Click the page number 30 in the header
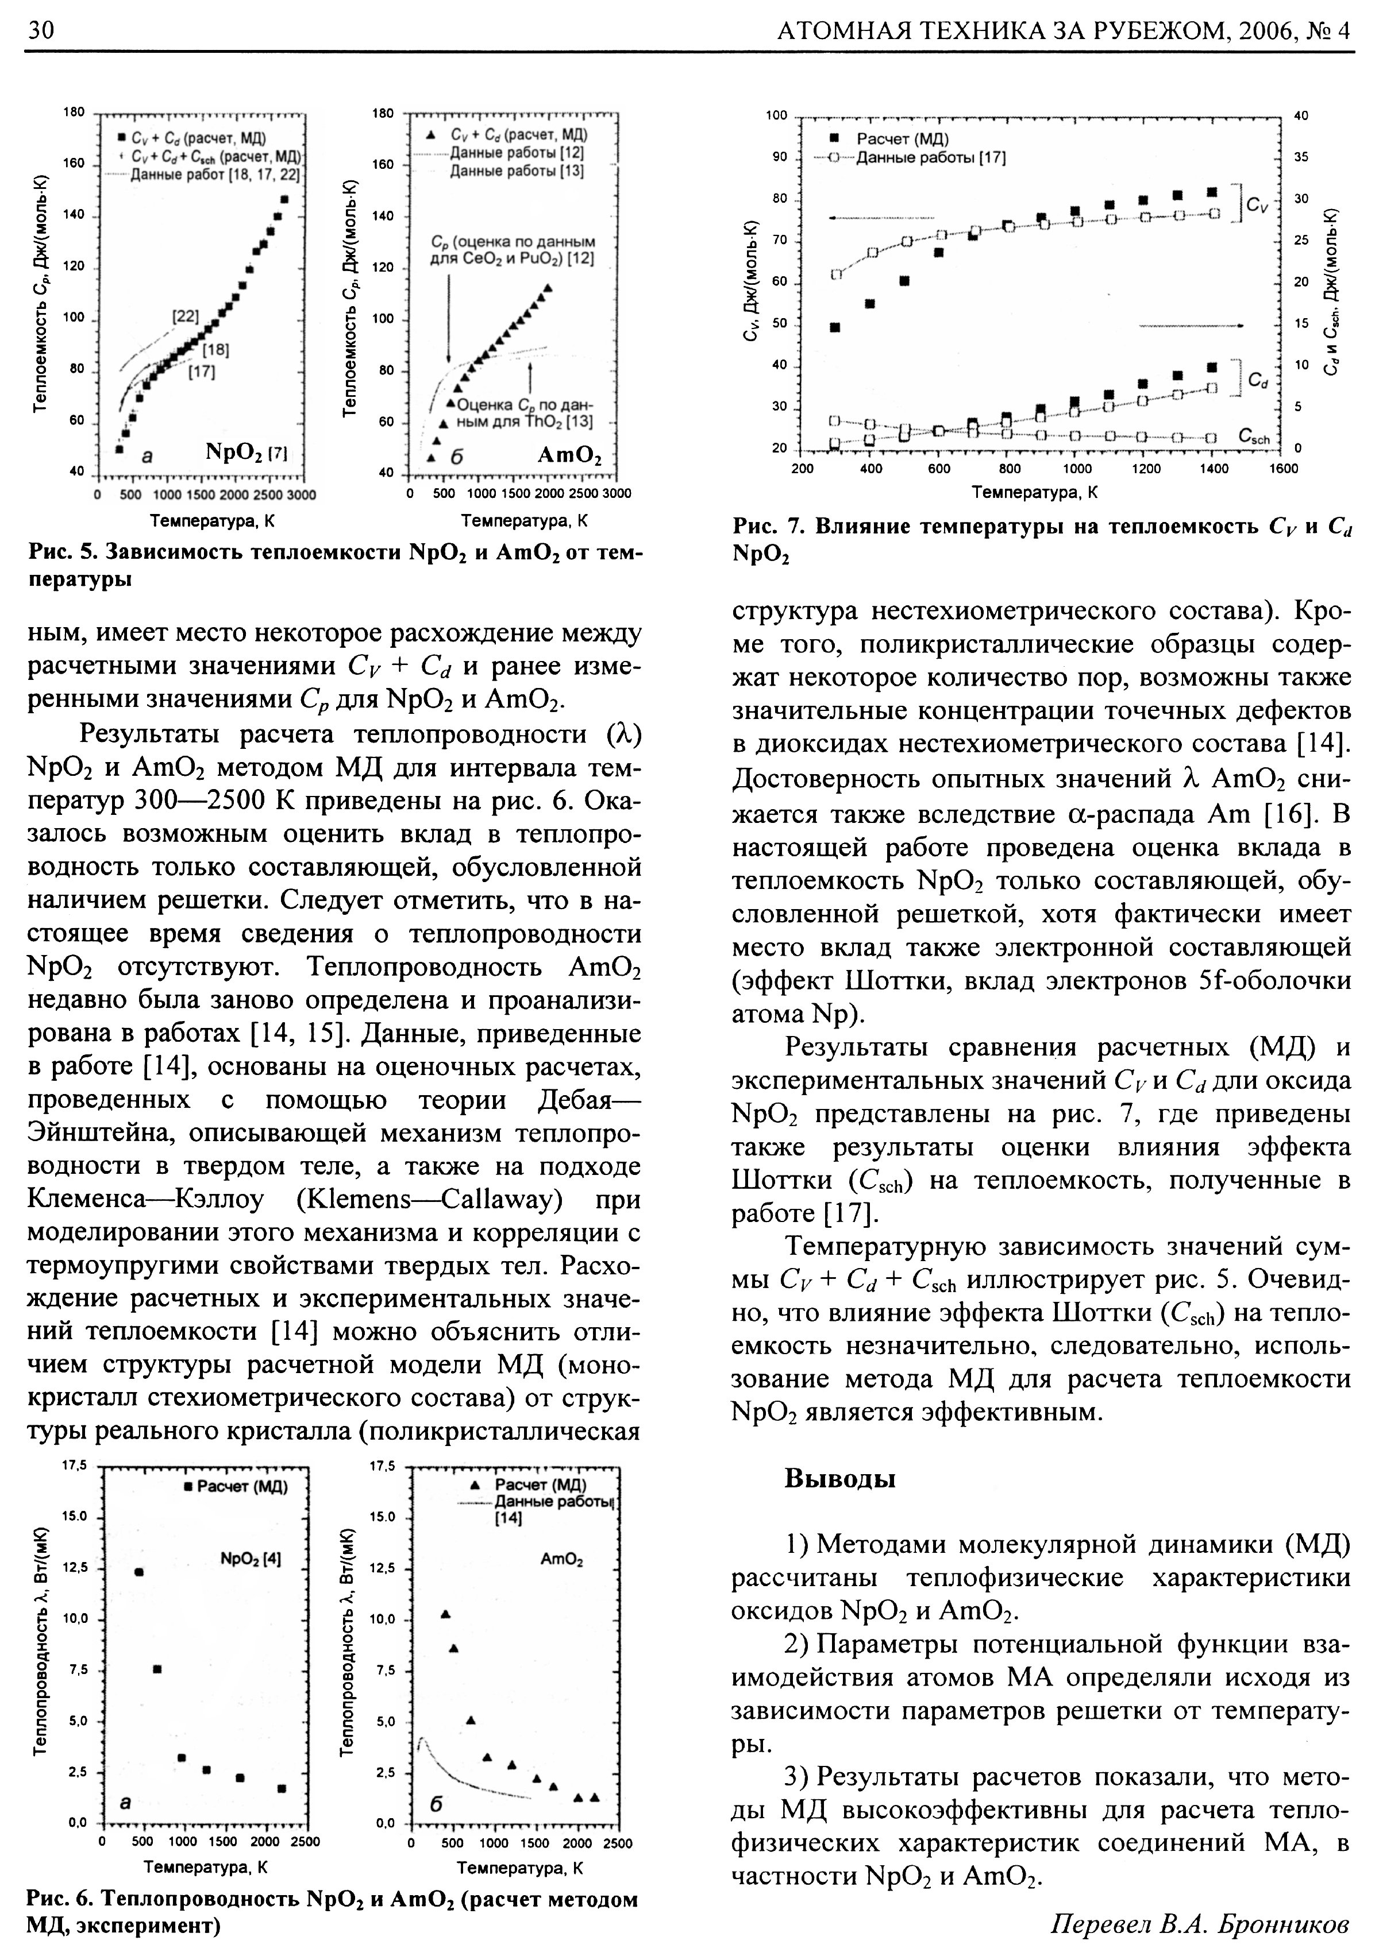[x=41, y=32]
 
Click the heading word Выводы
[x=839, y=1478]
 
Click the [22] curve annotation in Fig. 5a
[x=184, y=316]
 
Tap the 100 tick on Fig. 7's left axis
[x=775, y=115]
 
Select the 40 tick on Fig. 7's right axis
[x=1301, y=115]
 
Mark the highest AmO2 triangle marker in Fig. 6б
[x=445, y=1613]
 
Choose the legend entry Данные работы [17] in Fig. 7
[x=931, y=158]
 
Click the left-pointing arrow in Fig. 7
[x=880, y=218]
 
